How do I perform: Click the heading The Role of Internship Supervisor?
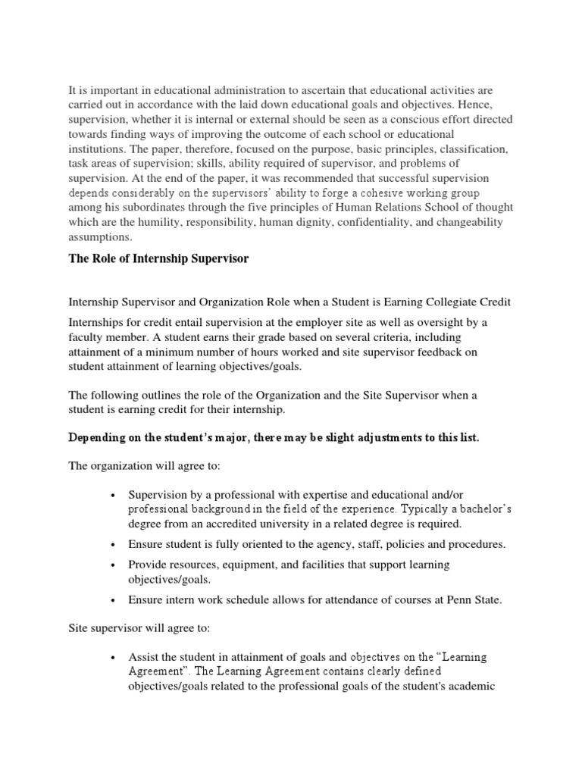(158, 259)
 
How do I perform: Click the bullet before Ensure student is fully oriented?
(112, 545)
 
